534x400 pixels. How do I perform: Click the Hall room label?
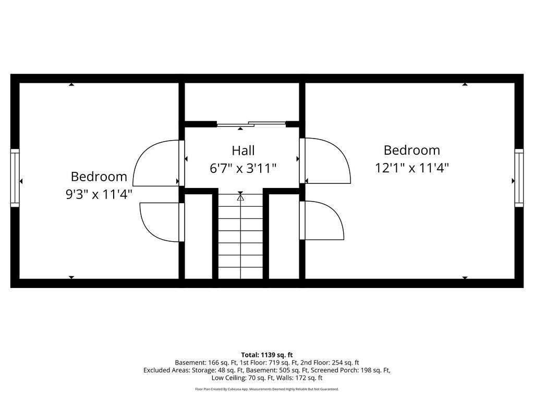pyautogui.click(x=243, y=151)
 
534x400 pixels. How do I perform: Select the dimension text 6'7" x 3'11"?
pyautogui.click(x=243, y=168)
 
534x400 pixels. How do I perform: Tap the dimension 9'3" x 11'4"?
pyautogui.click(x=99, y=194)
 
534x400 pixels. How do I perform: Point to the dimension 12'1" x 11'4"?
pyautogui.click(x=412, y=168)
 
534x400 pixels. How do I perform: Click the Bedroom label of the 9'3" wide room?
pyautogui.click(x=99, y=177)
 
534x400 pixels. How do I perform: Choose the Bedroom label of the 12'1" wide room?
pyautogui.click(x=412, y=150)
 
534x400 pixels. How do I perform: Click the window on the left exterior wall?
pyautogui.click(x=15, y=178)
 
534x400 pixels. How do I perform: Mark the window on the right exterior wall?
pyautogui.click(x=519, y=178)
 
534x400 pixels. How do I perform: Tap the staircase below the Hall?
pyautogui.click(x=240, y=236)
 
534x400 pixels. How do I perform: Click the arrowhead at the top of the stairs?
pyautogui.click(x=240, y=196)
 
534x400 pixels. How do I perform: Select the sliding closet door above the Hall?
pyautogui.click(x=251, y=124)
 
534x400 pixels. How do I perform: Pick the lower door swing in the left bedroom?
pyautogui.click(x=162, y=222)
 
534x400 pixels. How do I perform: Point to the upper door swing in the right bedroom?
pyautogui.click(x=325, y=160)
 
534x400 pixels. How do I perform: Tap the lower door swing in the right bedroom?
pyautogui.click(x=321, y=220)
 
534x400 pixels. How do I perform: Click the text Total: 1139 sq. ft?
pyautogui.click(x=267, y=355)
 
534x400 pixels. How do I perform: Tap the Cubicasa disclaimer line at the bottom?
pyautogui.click(x=267, y=389)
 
